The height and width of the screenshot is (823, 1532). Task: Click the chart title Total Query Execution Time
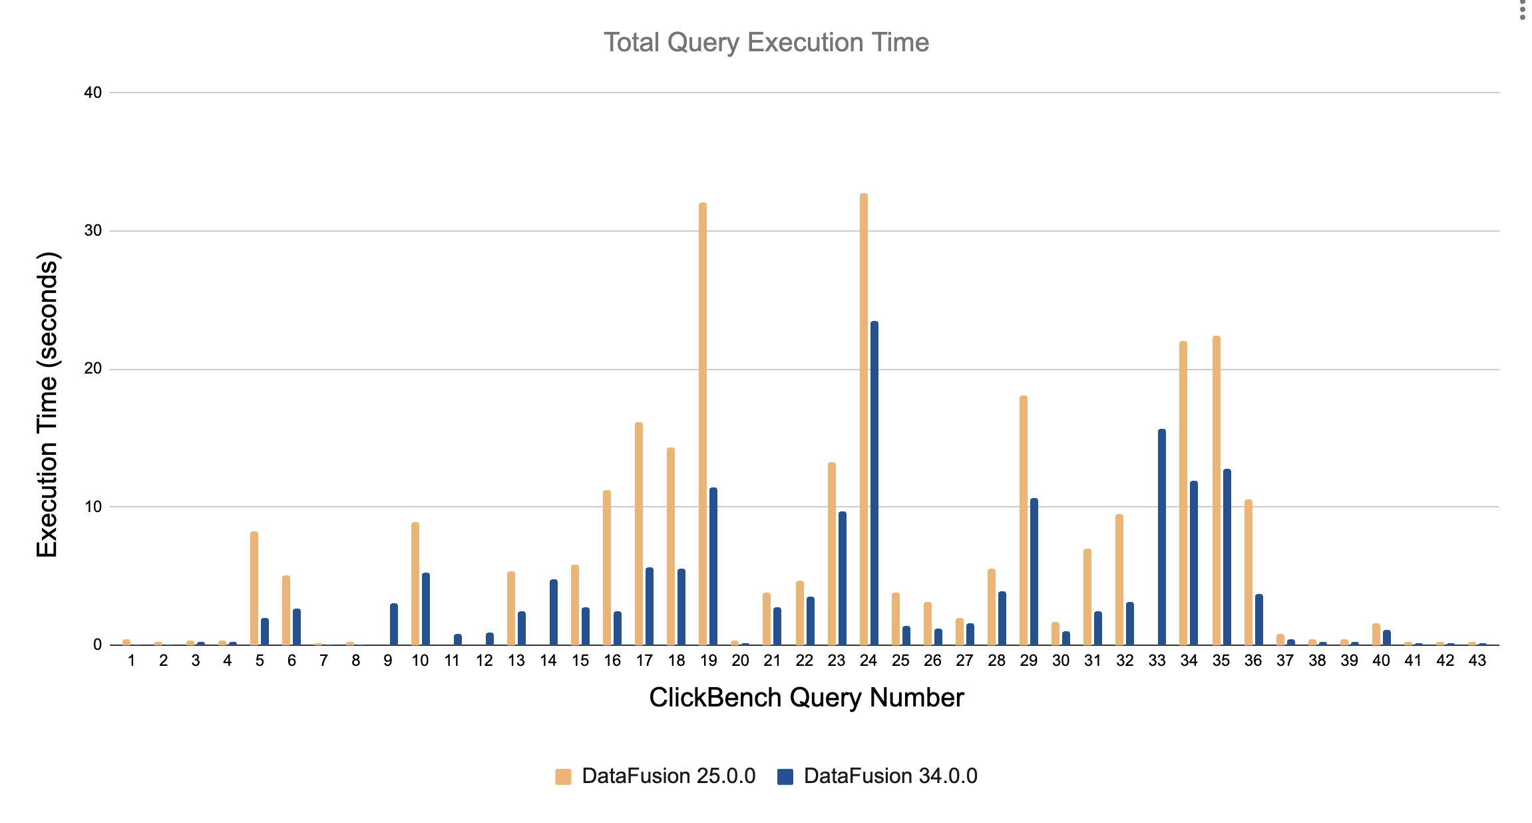click(766, 43)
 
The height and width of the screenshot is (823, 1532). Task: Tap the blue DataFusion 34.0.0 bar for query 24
click(874, 483)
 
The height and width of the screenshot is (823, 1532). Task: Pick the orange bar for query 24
click(864, 419)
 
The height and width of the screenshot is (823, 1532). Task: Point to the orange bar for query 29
click(1024, 521)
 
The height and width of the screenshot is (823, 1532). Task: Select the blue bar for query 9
click(394, 624)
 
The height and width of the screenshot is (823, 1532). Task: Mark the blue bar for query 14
click(554, 612)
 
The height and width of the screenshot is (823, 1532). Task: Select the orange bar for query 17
click(639, 534)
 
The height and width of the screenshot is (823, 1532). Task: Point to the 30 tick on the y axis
click(93, 231)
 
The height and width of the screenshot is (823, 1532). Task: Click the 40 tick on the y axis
click(93, 93)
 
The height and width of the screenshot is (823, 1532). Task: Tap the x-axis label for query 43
click(1477, 661)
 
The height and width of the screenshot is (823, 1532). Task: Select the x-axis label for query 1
click(132, 661)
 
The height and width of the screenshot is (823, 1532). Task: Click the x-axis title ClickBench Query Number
click(806, 698)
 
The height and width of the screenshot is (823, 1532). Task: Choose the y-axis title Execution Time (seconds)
click(48, 405)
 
